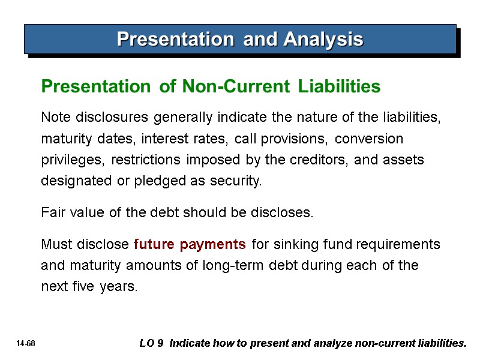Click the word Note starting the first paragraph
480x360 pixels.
pos(54,118)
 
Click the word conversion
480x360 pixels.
pos(369,139)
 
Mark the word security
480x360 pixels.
pos(238,181)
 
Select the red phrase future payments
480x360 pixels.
pos(190,245)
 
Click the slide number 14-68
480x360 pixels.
pos(26,344)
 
